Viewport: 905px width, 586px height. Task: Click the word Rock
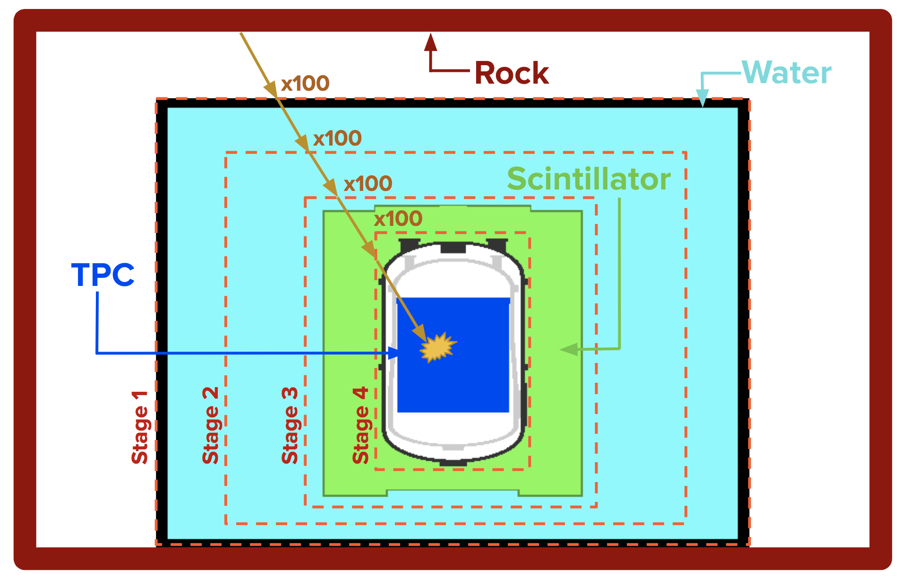coord(512,73)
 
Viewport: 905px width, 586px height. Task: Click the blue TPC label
coord(103,275)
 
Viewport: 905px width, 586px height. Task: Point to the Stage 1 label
coord(140,428)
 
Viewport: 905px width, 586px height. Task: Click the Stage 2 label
coord(211,425)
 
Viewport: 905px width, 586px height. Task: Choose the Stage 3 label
coord(290,425)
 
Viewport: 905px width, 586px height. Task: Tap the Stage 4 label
coord(361,425)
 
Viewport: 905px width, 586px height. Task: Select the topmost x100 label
coord(305,84)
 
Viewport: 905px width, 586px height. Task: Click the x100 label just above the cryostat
coord(398,218)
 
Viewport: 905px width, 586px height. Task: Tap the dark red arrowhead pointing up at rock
coord(430,43)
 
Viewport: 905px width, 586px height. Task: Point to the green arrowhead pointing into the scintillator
coord(569,349)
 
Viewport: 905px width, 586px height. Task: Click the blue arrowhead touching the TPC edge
coord(393,353)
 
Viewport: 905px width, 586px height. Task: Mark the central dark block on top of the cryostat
coord(453,248)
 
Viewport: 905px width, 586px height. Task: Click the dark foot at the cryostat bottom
coord(453,463)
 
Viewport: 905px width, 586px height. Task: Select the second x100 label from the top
coord(337,138)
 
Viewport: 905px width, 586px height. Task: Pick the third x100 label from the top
coord(368,183)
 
